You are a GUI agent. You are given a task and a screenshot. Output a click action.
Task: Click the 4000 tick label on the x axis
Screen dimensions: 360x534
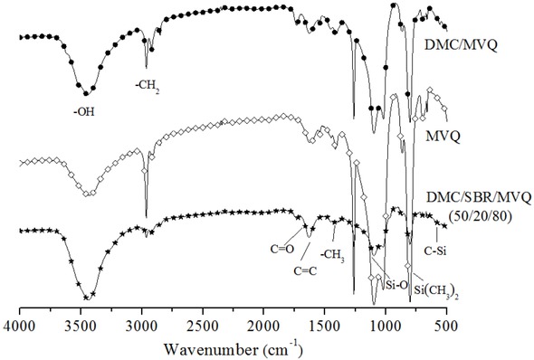pos(19,323)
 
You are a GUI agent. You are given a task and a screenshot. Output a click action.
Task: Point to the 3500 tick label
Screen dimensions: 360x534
pos(80,323)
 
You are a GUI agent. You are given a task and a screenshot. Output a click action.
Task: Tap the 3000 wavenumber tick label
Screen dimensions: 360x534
pos(141,323)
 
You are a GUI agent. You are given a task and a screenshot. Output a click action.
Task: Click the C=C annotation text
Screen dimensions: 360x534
pos(304,269)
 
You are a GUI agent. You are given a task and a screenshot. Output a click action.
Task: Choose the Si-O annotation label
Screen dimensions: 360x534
pos(395,283)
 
